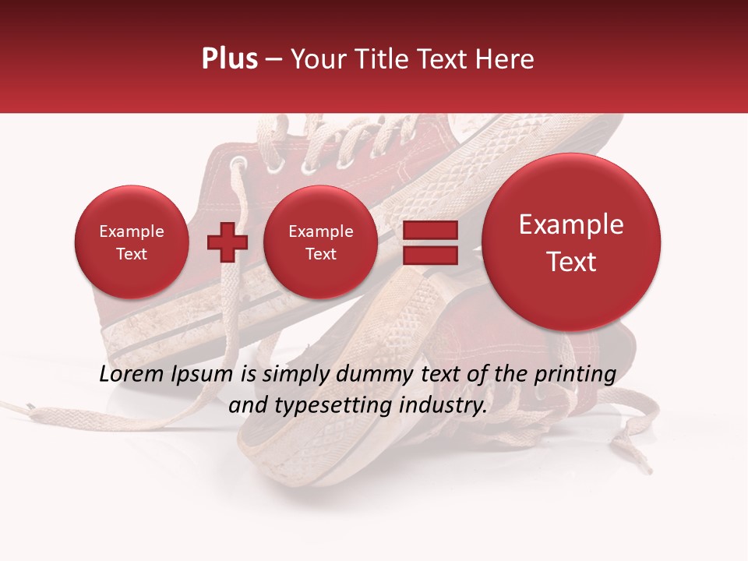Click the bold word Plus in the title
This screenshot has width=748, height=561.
point(229,59)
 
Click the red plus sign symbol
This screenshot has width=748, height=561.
point(227,242)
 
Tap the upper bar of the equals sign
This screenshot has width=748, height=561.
point(429,231)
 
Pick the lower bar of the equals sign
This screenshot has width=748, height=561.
point(429,255)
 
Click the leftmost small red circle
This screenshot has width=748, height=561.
point(132,242)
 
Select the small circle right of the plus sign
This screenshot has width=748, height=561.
point(321,242)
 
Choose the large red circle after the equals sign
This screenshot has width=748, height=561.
point(571,242)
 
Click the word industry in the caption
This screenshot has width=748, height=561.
point(447,406)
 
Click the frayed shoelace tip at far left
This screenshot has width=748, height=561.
point(30,406)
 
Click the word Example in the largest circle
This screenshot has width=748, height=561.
point(571,225)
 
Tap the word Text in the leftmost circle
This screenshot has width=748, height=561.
point(132,254)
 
